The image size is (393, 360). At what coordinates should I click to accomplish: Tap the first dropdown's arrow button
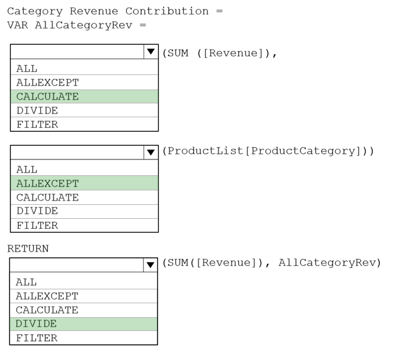tap(151, 52)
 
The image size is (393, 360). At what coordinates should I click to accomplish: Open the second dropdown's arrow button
tap(151, 153)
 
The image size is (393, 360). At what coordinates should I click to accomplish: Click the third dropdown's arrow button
tap(151, 265)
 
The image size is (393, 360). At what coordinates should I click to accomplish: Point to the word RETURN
tap(28, 248)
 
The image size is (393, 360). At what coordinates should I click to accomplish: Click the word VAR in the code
tap(18, 25)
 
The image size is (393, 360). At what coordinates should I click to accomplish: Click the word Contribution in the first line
tap(167, 11)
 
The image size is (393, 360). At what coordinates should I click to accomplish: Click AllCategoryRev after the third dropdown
tap(327, 263)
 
